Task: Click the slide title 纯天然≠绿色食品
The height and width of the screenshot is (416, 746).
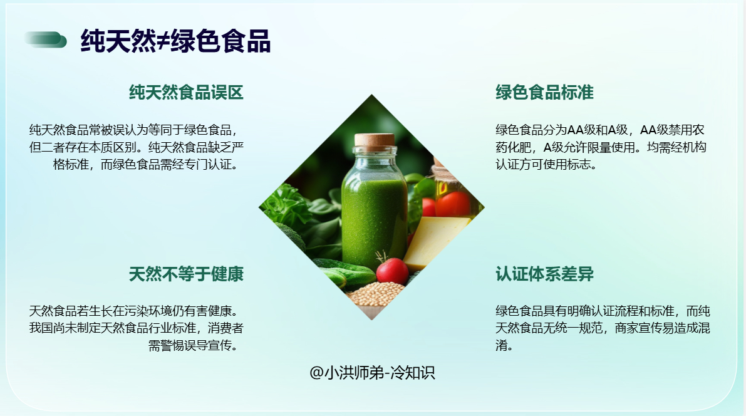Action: [175, 41]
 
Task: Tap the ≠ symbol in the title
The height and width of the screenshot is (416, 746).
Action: [163, 41]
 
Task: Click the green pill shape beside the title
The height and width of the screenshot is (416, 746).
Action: [46, 40]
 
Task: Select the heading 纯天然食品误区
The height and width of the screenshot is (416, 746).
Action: [186, 92]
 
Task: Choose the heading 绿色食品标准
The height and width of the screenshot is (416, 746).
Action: [544, 92]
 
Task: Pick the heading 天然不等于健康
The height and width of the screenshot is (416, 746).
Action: [186, 274]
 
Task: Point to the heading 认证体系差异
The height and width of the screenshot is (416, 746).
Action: [544, 274]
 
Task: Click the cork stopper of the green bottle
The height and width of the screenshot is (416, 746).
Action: [375, 140]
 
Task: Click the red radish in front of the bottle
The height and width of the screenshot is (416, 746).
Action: [392, 271]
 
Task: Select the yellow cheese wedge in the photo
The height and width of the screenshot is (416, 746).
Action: [432, 241]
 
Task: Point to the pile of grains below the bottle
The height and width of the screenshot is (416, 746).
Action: [376, 294]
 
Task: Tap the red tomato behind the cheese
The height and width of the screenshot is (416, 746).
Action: [453, 204]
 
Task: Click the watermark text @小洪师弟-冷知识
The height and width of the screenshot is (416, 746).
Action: [372, 372]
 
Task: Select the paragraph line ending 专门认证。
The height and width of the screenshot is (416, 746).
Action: [145, 164]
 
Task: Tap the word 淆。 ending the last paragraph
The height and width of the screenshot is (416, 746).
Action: [504, 345]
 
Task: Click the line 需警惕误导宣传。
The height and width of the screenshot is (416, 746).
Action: [193, 345]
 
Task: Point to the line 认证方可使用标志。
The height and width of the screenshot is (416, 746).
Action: [546, 164]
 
